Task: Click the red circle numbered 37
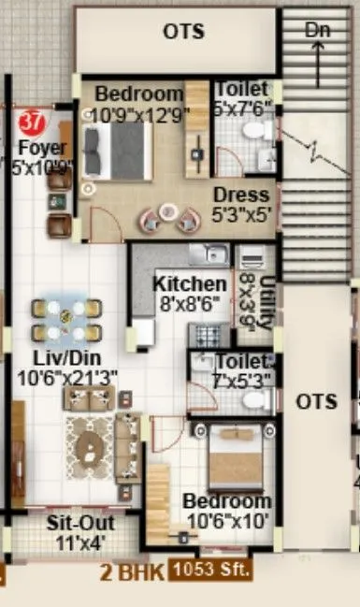coord(32,122)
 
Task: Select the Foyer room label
coord(42,148)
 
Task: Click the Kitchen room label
coord(190,283)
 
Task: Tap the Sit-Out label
coord(76,522)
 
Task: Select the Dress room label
coord(239,195)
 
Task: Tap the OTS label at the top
coord(184,32)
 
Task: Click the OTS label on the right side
coord(316,401)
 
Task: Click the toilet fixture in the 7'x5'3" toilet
coord(252,399)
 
